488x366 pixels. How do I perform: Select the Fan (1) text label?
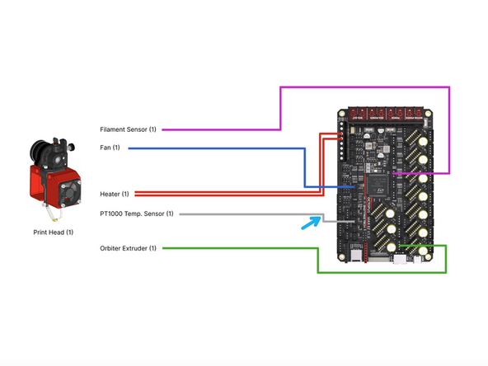coord(110,148)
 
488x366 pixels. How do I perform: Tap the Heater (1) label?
coord(114,194)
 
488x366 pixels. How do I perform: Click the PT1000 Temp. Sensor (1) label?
coord(136,214)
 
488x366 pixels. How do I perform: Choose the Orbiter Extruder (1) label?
coord(128,248)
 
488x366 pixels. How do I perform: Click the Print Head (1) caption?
coord(50,233)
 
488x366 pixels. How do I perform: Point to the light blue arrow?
coord(311,222)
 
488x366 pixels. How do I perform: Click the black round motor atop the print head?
coord(38,152)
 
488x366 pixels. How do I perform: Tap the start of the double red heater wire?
coord(134,194)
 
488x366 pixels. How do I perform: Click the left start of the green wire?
coord(162,248)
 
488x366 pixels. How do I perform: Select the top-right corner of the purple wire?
coord(449,87)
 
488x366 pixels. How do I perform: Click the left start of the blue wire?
coord(128,148)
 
